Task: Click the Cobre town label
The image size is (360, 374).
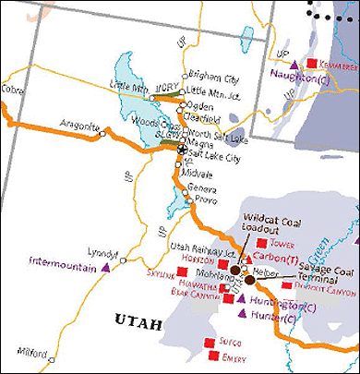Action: pyautogui.click(x=14, y=90)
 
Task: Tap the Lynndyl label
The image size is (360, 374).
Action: pyautogui.click(x=103, y=252)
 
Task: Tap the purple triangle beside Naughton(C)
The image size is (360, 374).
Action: pyautogui.click(x=294, y=66)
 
